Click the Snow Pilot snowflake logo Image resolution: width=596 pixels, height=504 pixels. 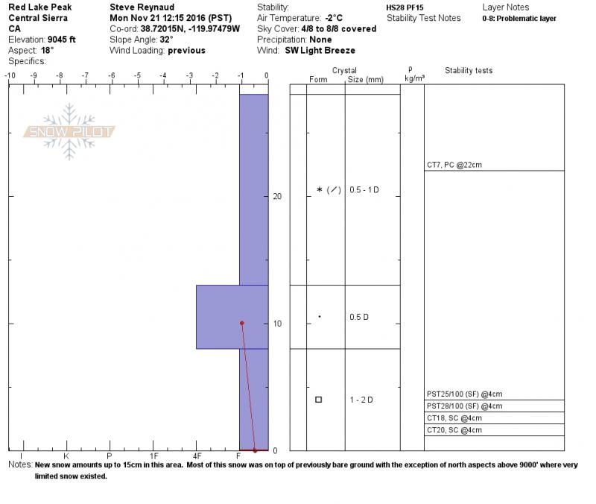pos(69,132)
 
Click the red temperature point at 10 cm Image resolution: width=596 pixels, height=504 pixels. pos(241,324)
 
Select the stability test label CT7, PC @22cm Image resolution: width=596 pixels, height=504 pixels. pos(454,165)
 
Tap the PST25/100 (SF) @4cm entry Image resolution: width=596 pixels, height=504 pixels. pos(464,394)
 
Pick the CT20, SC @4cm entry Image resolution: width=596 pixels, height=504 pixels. pos(454,430)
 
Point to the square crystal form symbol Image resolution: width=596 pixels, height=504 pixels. pos(319,400)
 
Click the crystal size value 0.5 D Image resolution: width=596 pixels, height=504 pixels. pos(359,317)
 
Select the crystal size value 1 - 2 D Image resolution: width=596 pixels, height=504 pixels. pos(361,400)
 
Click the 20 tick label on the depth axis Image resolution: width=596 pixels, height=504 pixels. pos(277,196)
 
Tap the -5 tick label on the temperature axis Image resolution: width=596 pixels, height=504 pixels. pos(137,75)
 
